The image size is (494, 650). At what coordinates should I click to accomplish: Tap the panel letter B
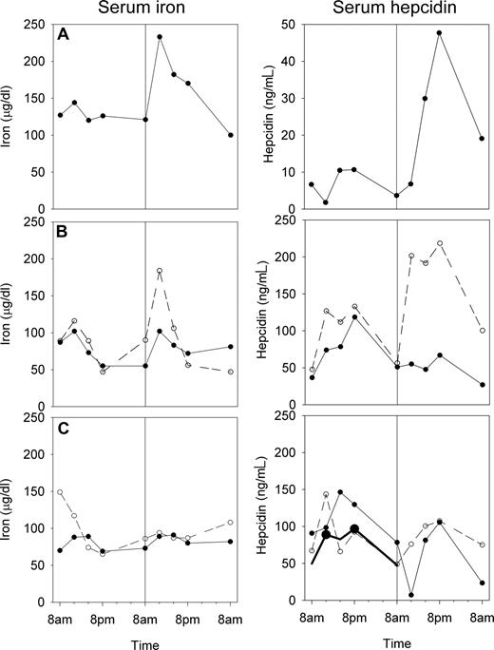64,231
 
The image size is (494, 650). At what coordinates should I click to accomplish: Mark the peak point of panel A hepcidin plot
440,33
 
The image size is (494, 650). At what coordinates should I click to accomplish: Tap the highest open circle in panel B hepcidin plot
440,243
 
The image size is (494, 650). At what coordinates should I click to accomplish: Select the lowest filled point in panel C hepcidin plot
411,595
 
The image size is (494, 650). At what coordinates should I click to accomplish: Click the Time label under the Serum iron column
144,640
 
